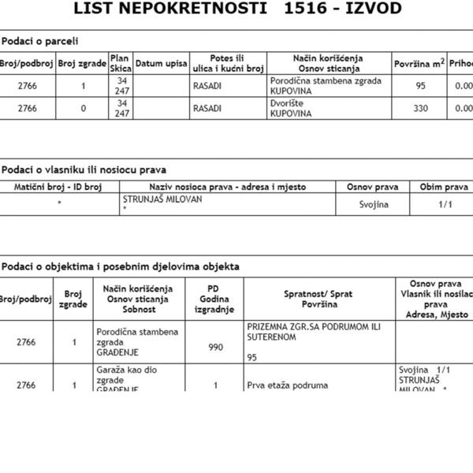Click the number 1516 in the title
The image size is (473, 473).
(x=306, y=9)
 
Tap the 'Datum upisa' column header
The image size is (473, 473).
(x=161, y=63)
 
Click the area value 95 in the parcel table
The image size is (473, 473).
(x=419, y=86)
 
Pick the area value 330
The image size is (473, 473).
(x=420, y=109)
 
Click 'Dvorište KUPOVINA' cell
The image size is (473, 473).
(x=290, y=109)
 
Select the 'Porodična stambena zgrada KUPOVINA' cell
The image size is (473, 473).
(x=326, y=86)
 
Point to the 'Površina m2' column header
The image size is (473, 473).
(x=419, y=63)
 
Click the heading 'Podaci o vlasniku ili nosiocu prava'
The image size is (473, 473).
(x=84, y=169)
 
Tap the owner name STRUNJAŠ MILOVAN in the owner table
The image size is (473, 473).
(x=162, y=199)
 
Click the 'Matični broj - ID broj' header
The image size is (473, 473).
(x=59, y=188)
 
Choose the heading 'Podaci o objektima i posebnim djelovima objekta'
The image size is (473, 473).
(x=121, y=266)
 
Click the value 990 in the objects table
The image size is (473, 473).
(x=215, y=347)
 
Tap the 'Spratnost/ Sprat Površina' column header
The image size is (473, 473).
(x=318, y=299)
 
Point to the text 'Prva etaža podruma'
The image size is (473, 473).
(x=287, y=385)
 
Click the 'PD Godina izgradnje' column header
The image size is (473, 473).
(x=215, y=299)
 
